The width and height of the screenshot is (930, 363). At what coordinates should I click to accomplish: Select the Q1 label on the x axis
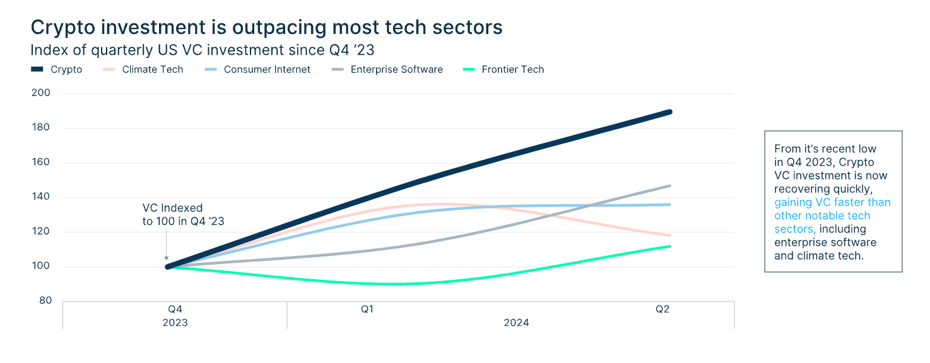tap(368, 309)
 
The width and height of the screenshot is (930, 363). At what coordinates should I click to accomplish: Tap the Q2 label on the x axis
tap(662, 309)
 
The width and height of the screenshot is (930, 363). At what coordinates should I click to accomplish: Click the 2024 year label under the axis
tap(516, 323)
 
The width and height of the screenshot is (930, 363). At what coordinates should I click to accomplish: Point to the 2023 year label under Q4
tap(175, 323)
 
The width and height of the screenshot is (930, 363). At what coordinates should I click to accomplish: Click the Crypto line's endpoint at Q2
tap(669, 112)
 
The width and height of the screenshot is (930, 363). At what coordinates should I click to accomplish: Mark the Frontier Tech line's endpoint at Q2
tap(669, 246)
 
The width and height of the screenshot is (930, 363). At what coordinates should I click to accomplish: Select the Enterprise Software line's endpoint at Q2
tap(669, 186)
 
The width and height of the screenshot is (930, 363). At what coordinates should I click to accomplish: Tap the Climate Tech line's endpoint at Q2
tap(669, 235)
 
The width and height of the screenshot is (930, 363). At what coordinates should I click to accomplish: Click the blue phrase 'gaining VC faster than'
tap(832, 202)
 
